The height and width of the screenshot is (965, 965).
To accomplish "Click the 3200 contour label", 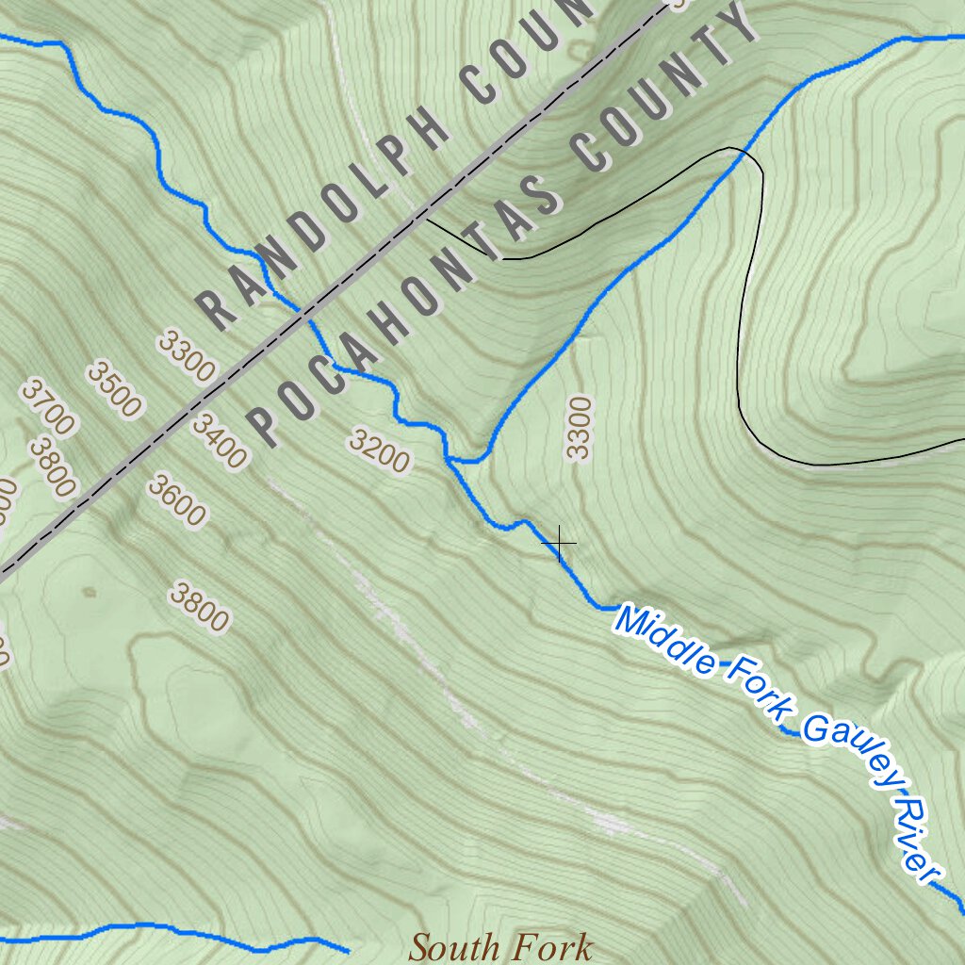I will [379, 450].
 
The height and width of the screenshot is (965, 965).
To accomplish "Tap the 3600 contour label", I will [176, 500].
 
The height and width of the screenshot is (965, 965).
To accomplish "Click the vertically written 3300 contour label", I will [579, 428].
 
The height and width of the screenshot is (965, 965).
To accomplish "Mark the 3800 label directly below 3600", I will [199, 607].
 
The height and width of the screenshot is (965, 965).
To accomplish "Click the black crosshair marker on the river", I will [560, 544].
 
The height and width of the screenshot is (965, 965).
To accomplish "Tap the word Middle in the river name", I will [665, 645].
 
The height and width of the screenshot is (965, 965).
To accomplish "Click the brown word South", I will [457, 946].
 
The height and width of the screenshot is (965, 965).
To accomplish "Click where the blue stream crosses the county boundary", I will [303, 312].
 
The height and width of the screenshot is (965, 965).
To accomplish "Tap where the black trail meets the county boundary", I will [426, 220].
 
